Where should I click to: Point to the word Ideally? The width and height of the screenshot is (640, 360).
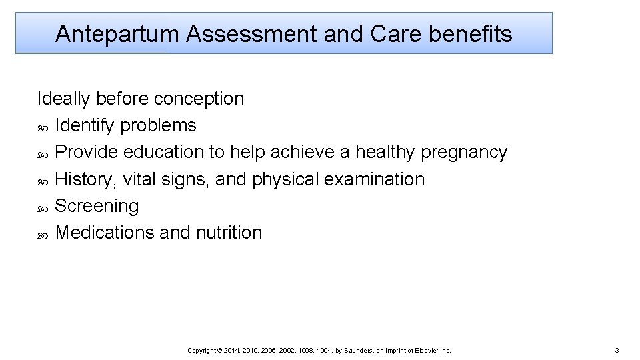[64, 99]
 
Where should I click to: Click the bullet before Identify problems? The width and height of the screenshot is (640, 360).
[43, 127]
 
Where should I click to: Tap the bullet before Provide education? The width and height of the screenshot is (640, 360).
[43, 153]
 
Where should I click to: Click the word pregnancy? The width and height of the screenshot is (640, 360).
[464, 153]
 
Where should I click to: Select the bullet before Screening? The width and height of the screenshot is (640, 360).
[43, 207]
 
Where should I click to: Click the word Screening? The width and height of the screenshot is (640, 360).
[97, 206]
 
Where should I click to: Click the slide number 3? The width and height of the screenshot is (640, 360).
[617, 350]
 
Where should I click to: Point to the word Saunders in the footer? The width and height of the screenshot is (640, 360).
[360, 350]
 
